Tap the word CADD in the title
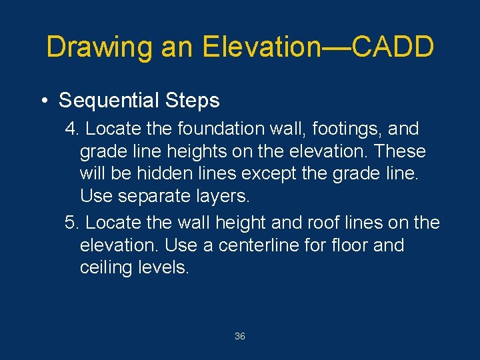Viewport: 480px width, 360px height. click(x=393, y=47)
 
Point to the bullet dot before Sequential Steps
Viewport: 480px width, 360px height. click(x=43, y=101)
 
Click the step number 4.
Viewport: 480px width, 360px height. click(x=72, y=129)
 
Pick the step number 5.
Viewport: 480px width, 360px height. click(x=72, y=223)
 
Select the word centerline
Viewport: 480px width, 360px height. click(x=259, y=245)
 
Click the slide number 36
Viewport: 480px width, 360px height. click(x=240, y=336)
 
